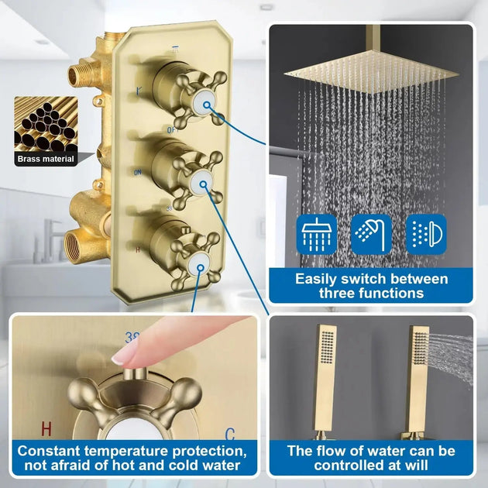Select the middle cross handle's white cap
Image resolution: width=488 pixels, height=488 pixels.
point(203,183)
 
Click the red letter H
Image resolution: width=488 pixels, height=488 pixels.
point(46,428)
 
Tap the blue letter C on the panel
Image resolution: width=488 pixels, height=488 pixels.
point(229,435)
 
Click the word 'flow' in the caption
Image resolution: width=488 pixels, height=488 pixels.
point(333,451)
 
